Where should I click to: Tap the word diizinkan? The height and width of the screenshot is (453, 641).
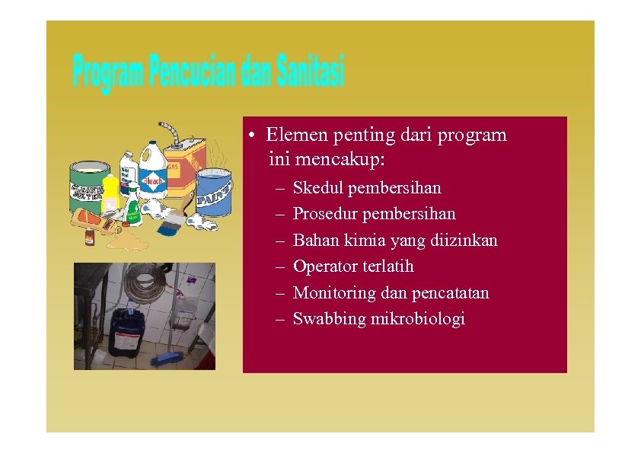click(465, 241)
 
